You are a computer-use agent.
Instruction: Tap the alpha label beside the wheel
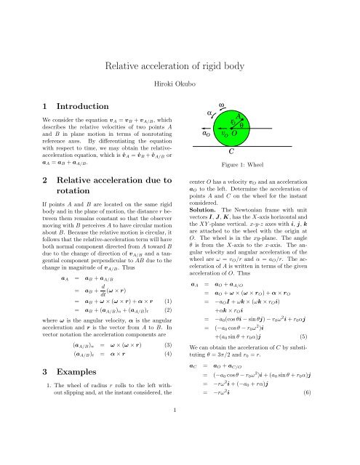(x=211, y=113)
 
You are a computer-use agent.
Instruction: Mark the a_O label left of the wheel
(x=207, y=134)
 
